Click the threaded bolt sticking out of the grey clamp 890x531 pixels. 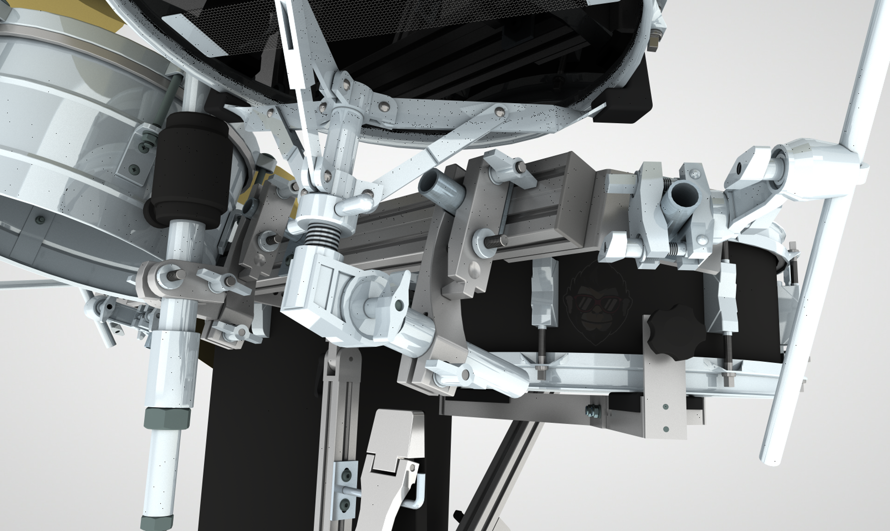496,241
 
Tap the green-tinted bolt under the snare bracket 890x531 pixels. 593,411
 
